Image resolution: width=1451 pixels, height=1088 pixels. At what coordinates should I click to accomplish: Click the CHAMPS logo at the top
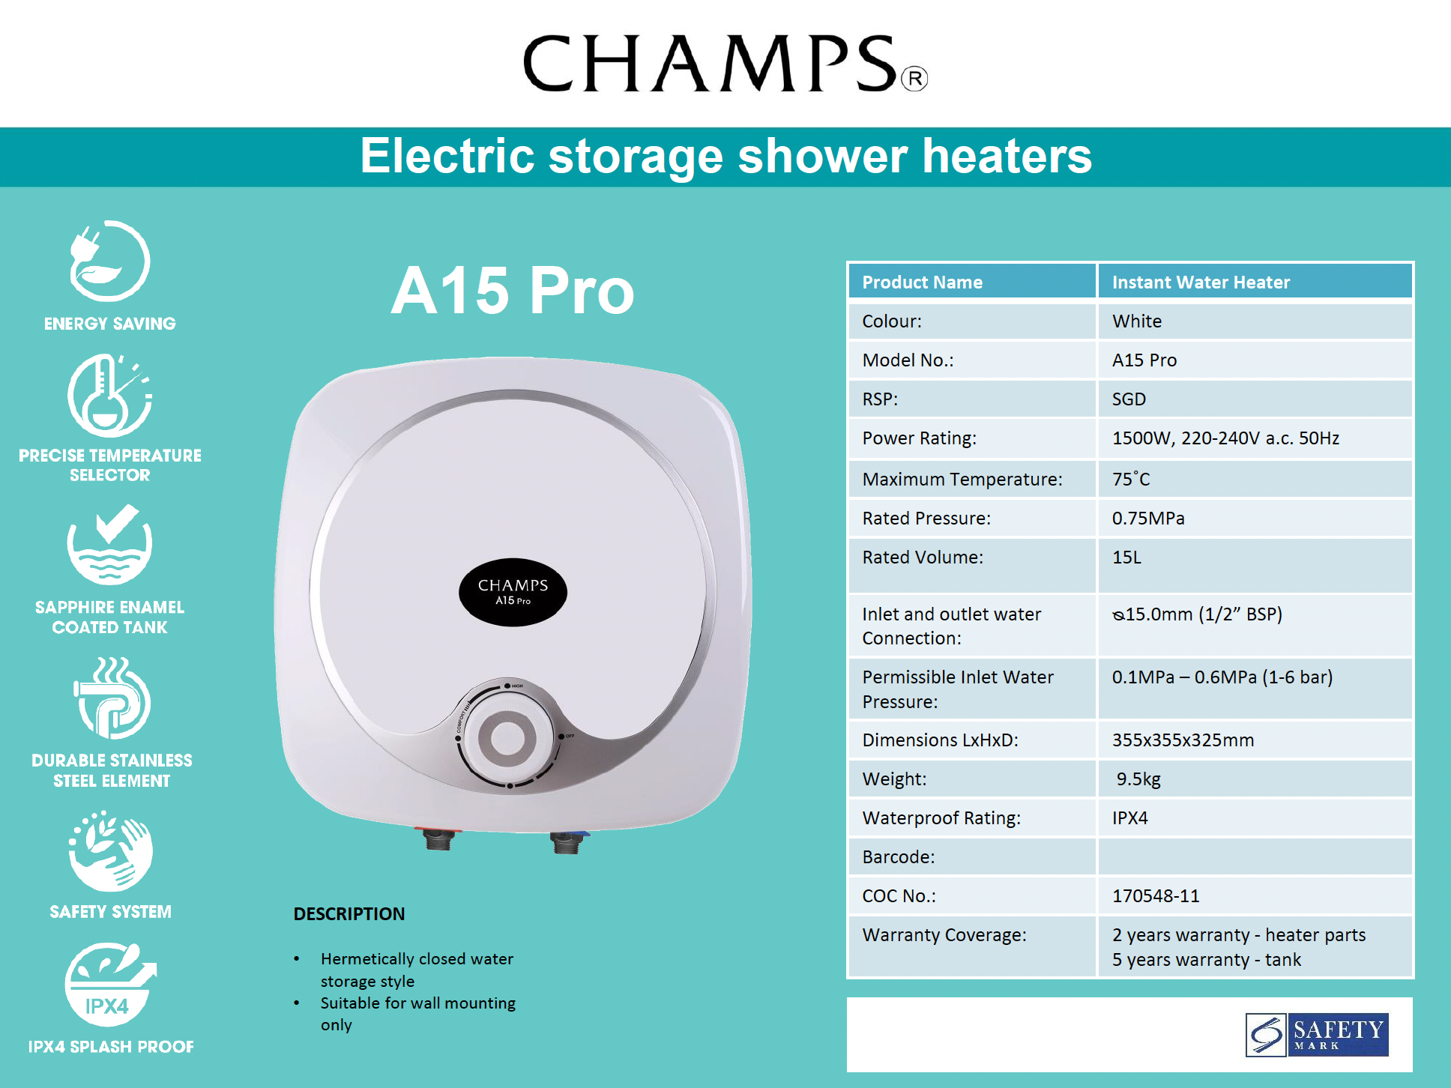coord(724,64)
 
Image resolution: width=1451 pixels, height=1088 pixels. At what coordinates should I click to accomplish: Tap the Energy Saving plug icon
coord(109,261)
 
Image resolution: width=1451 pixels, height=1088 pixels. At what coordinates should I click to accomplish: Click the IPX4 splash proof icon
coord(109,984)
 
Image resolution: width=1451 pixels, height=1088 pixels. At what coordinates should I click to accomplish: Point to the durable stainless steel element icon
coord(112,698)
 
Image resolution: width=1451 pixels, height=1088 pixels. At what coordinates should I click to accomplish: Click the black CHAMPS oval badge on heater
coord(513,591)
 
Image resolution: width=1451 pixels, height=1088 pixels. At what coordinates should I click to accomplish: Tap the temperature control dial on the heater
coord(507,737)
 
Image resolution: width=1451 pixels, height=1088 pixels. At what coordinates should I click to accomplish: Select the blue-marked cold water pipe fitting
coord(567,842)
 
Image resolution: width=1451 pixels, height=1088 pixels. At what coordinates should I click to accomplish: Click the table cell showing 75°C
coord(1131,479)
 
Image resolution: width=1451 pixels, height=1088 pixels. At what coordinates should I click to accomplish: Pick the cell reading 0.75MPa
coord(1148,518)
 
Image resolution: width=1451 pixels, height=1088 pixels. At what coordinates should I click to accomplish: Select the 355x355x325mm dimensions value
coord(1183,740)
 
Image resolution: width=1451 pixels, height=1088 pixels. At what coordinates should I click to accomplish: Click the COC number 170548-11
coord(1156,895)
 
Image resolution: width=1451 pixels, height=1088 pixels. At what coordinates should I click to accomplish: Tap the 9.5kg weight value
coord(1138,779)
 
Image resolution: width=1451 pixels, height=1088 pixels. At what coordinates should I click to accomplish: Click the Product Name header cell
coord(922,282)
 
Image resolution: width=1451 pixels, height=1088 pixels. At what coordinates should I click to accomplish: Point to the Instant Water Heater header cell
coord(1201,282)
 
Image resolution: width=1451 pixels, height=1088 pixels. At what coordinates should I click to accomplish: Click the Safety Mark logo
coord(1317,1035)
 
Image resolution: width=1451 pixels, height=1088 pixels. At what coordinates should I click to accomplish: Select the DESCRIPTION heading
coord(349,913)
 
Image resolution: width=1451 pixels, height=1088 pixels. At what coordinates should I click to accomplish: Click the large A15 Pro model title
coord(513,291)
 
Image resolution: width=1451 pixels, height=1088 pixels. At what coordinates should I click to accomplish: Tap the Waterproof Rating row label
coord(941,817)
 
